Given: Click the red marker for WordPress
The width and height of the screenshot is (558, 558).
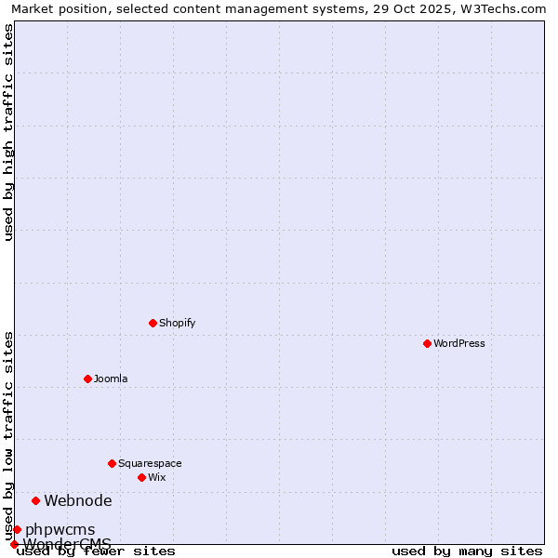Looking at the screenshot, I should pos(427,343).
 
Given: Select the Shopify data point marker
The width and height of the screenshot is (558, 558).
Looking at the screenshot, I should pos(153,323).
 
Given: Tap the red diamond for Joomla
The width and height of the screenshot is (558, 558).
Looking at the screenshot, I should pos(87,379).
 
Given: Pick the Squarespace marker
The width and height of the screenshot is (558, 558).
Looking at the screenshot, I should pos(112,463).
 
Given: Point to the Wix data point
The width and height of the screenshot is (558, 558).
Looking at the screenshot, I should pos(141,477).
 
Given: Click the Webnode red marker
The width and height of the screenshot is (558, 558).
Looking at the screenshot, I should pos(35,500).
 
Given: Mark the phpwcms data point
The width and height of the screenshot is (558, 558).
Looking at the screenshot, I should pos(17,529).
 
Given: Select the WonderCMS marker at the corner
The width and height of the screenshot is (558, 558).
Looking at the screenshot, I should pos(14,544).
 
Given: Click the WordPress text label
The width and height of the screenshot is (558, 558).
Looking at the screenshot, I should pos(459,343).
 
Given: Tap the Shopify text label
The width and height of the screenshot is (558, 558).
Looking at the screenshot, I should pos(178,323).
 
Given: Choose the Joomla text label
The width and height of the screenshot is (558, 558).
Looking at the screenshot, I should pos(111,379).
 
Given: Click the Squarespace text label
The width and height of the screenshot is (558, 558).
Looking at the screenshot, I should pos(150,463).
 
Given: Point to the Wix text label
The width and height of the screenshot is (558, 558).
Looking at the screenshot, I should pos(157,477).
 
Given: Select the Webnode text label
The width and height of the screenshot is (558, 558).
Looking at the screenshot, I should pos(78,500).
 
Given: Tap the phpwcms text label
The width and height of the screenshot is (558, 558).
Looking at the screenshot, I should pos(60,530).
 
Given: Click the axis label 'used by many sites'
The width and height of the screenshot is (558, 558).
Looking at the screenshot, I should pos(467,551).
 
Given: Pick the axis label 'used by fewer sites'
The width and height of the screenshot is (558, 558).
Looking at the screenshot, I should pos(97,551).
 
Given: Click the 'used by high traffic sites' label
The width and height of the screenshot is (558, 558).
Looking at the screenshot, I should pos(8,132).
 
